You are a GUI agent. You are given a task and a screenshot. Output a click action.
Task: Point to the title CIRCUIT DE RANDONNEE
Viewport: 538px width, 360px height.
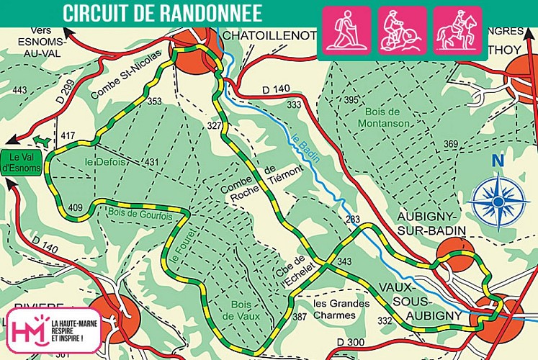coord(162,13)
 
